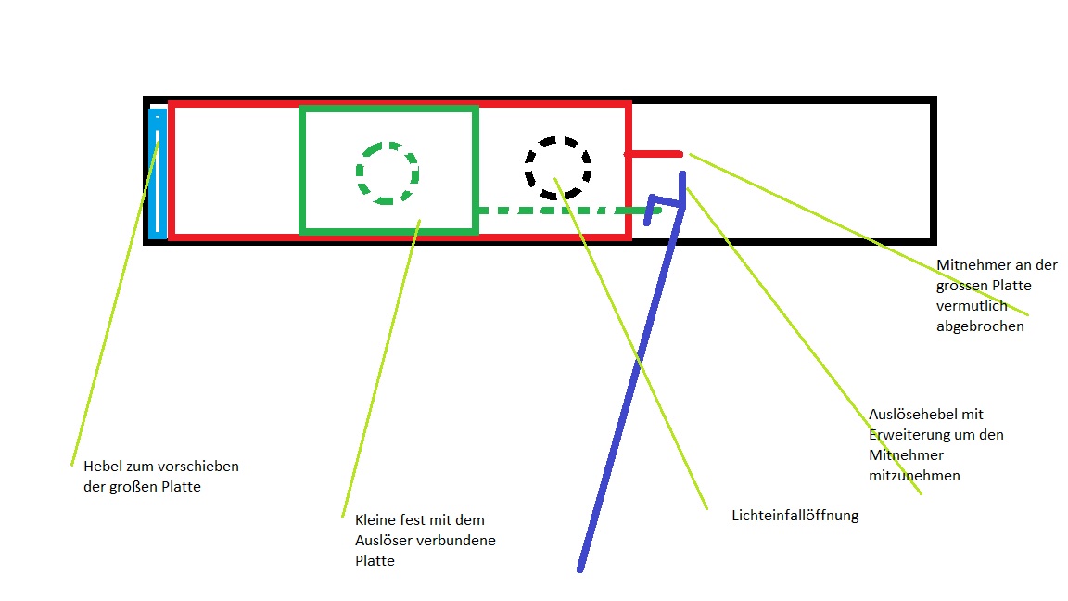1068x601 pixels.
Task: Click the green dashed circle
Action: click(388, 173)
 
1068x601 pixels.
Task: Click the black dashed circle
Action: click(557, 168)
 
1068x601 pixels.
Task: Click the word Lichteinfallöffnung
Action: click(795, 516)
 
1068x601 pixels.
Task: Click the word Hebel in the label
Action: click(103, 466)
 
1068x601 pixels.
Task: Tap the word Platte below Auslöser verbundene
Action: click(375, 560)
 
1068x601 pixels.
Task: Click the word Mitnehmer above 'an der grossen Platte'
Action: click(971, 264)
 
